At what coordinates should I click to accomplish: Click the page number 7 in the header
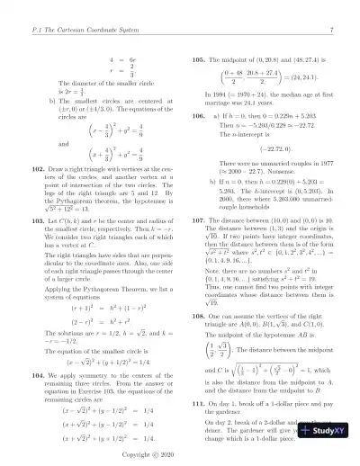coord(333,8)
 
